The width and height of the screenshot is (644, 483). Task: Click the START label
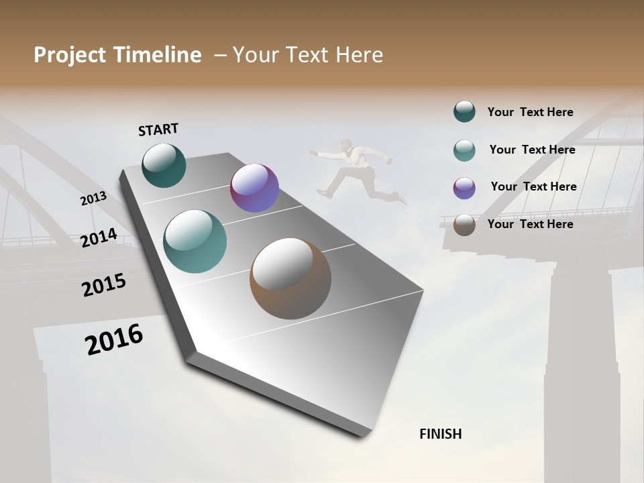[158, 129]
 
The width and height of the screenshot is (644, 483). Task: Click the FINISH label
[440, 434]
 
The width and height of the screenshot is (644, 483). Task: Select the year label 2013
[93, 199]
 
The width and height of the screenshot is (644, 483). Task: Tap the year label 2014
[99, 238]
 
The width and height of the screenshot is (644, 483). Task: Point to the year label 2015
[104, 285]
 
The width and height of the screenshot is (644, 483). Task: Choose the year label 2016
[114, 339]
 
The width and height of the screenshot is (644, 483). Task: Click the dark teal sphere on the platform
[164, 165]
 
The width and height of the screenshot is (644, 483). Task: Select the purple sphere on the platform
[254, 188]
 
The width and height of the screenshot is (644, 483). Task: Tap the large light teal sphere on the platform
[195, 241]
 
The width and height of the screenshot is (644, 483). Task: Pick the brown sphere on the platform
[290, 278]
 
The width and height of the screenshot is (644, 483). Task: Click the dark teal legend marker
[464, 112]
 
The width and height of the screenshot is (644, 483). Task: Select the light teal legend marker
[464, 150]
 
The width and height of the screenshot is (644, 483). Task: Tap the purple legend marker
[464, 187]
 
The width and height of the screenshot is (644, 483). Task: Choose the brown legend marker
[464, 225]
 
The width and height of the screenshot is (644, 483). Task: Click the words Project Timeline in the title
[117, 55]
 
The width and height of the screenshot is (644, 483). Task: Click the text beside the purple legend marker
[533, 186]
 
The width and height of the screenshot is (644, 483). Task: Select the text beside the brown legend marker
[530, 224]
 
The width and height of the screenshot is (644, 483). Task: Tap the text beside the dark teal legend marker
[530, 112]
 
